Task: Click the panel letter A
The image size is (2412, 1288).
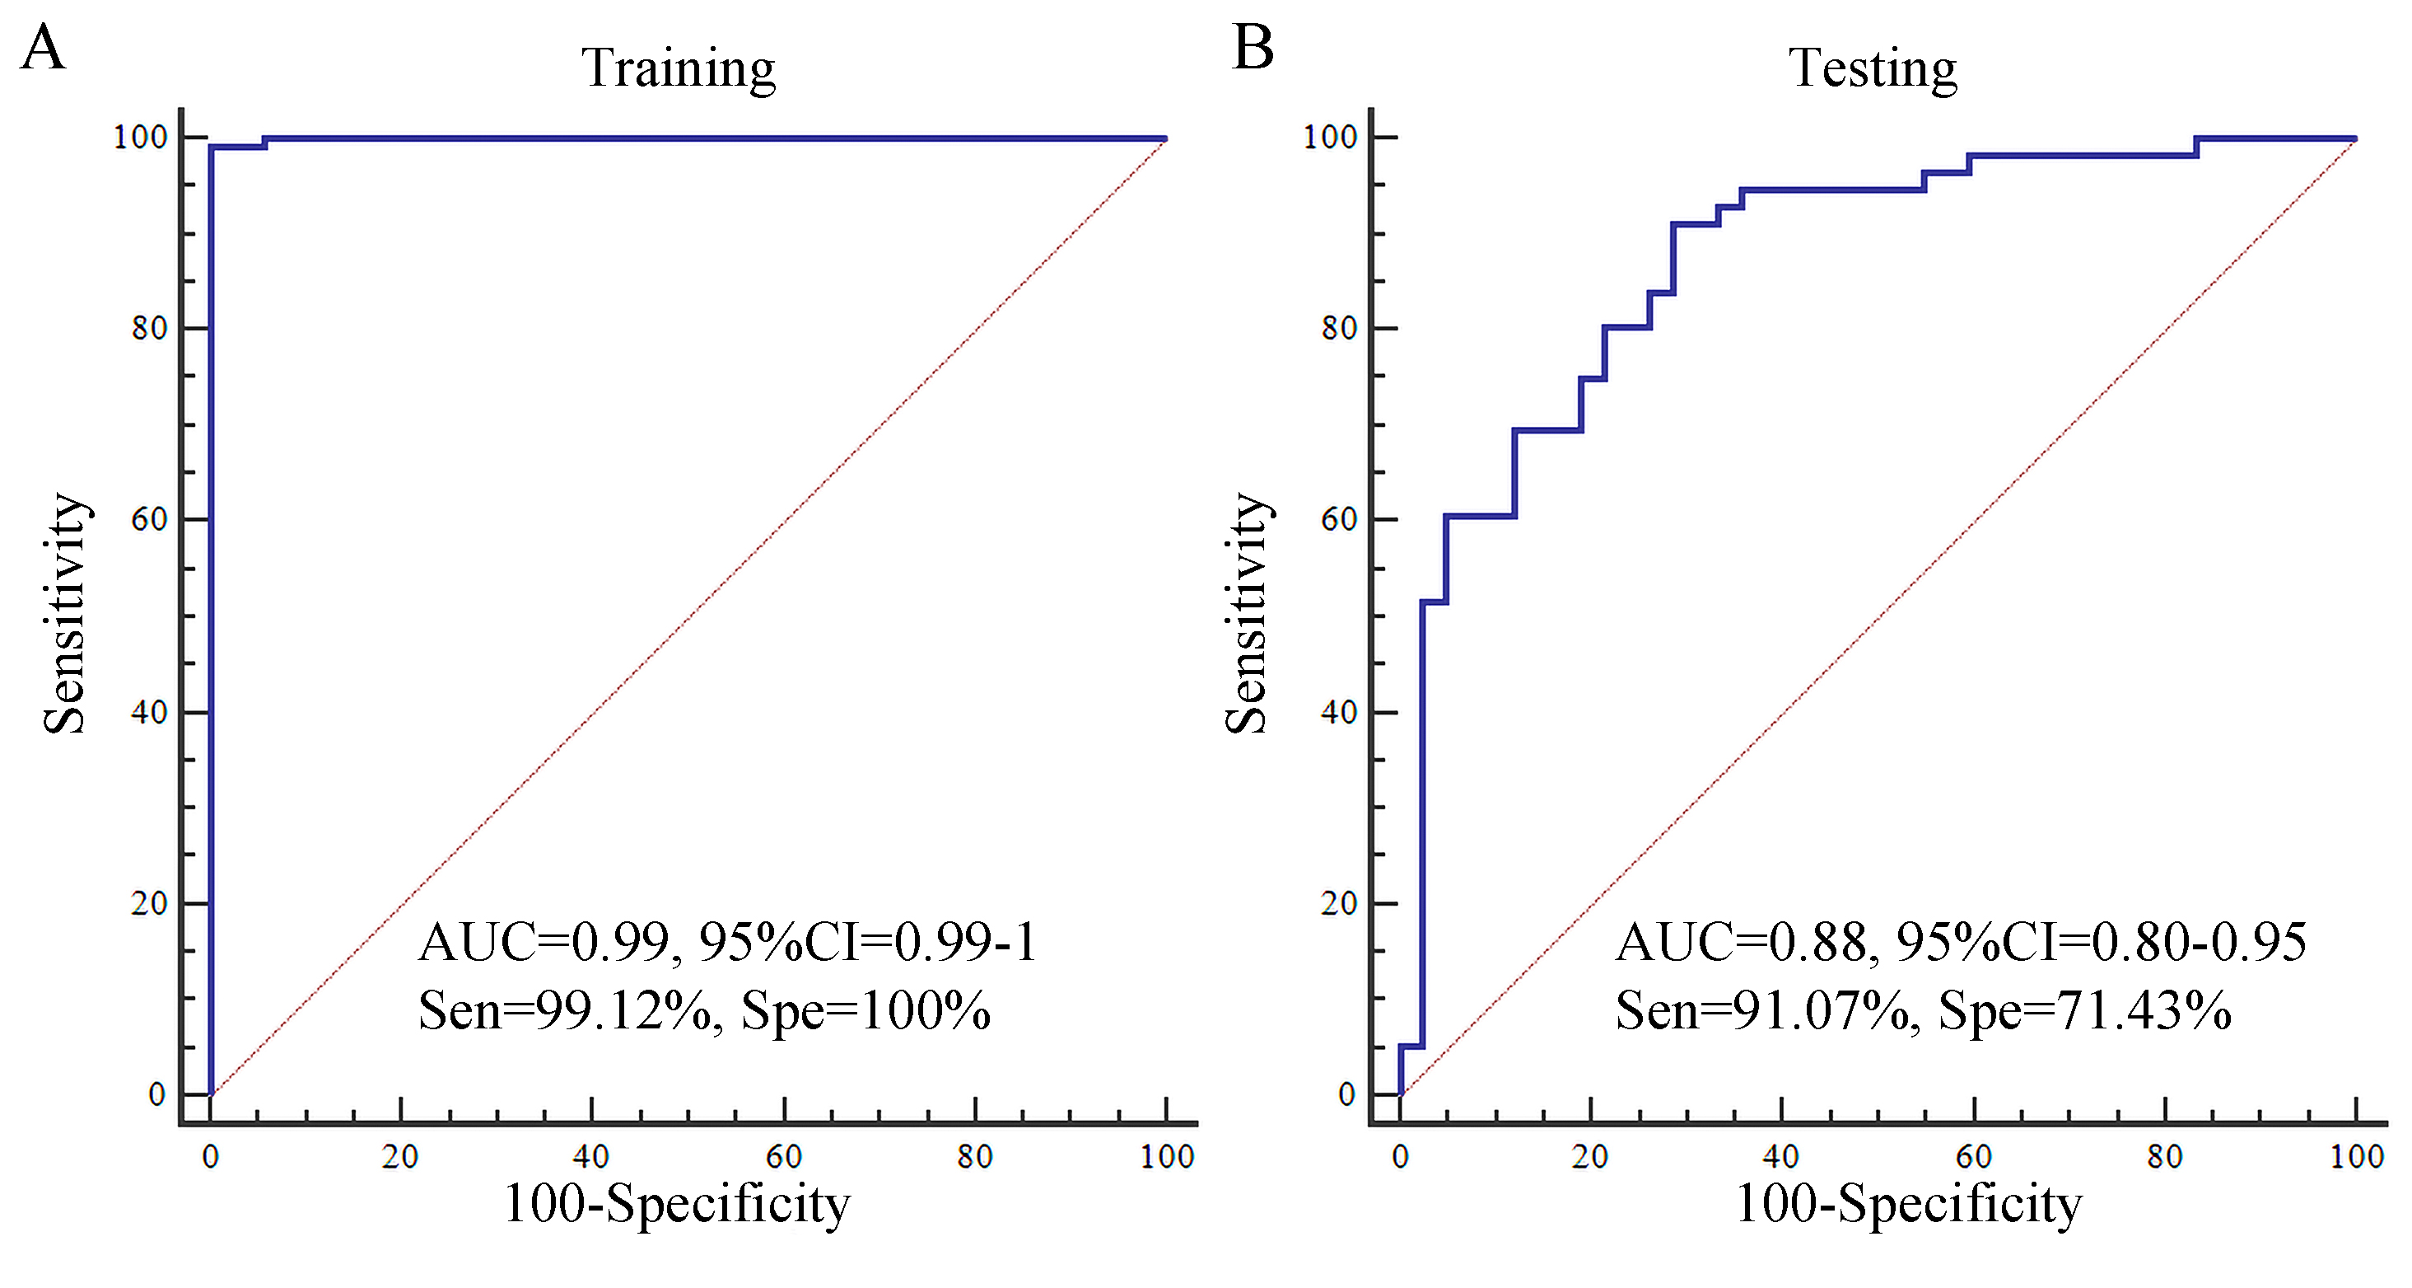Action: [43, 49]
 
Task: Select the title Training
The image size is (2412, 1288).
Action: [678, 68]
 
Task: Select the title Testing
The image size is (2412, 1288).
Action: [1872, 68]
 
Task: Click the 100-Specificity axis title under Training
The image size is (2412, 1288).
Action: [677, 1203]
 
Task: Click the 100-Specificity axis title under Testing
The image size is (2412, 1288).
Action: [1908, 1203]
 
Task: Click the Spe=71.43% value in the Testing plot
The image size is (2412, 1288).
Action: [2084, 1011]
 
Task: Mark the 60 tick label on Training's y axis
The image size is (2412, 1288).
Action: [149, 519]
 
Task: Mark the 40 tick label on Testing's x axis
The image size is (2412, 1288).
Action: [1780, 1157]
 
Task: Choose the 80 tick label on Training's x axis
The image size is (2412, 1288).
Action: [975, 1157]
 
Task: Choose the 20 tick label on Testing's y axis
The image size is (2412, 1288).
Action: [1338, 903]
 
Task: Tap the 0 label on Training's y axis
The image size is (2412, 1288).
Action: [157, 1094]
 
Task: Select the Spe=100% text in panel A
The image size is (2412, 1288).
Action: [865, 1011]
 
